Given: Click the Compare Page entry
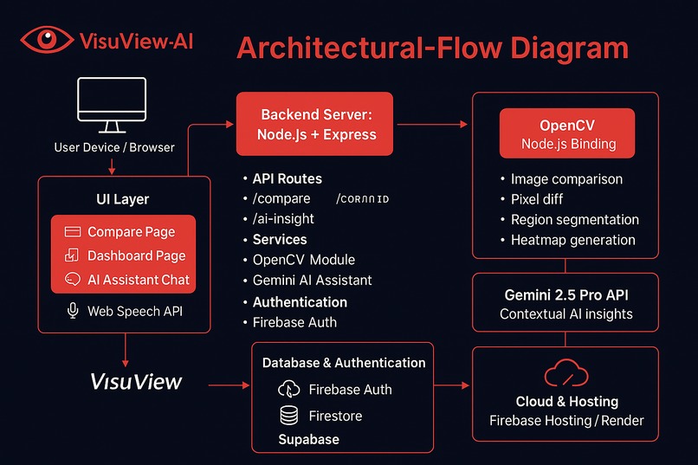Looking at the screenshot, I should coord(131,232).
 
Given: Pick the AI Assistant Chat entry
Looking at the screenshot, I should coord(139,280).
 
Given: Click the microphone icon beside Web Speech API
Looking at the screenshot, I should coord(73,311).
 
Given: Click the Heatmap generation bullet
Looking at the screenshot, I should coord(572,240).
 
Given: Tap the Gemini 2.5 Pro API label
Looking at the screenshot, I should coord(566,294).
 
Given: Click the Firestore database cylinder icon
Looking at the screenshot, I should coord(288,417).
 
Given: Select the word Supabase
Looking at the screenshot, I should coord(308,439).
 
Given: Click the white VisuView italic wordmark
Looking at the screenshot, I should coord(137,382).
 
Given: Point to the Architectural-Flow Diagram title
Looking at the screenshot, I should coord(432,48).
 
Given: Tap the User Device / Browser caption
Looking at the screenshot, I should coord(114,147).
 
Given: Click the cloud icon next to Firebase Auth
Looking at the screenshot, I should coord(288,390).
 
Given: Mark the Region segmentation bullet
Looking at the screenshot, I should coord(574,220).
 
